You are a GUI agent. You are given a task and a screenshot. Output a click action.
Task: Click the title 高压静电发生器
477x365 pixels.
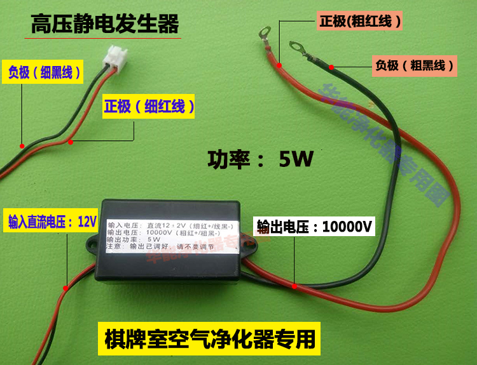point(105,25)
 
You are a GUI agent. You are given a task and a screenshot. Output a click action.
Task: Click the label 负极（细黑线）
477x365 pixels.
point(45,72)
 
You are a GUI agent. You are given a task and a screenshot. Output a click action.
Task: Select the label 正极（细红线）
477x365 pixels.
point(149,106)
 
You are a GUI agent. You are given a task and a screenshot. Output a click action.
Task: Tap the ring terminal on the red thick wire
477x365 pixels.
point(265,29)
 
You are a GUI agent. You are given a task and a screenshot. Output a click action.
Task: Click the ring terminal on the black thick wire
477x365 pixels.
point(295,46)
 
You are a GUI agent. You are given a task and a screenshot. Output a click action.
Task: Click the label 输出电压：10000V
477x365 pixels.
point(315,227)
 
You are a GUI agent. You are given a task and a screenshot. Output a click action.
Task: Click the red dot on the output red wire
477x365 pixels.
point(294,286)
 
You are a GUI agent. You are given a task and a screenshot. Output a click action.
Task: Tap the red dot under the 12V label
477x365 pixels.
point(65,288)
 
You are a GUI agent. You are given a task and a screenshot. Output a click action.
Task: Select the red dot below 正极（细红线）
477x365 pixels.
point(71,142)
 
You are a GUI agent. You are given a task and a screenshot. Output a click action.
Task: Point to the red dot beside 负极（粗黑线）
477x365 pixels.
point(331,65)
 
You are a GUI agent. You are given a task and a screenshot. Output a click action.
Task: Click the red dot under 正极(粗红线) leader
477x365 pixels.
point(280,64)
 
